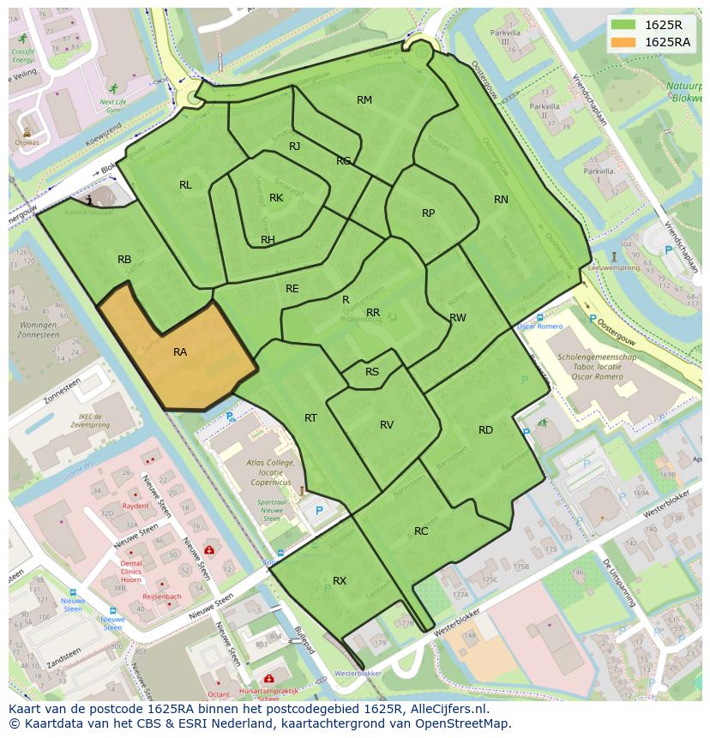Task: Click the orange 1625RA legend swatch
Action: [x=624, y=42]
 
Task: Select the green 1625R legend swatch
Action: [x=624, y=25]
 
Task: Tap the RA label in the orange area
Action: [x=180, y=351]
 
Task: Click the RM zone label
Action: [x=364, y=100]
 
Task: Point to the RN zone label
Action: [x=501, y=200]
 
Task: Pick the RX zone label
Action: [x=340, y=581]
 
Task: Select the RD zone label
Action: [x=485, y=430]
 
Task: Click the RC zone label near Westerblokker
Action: [x=421, y=531]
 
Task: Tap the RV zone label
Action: [x=387, y=425]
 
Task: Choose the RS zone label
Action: [x=372, y=372]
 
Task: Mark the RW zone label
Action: [x=458, y=318]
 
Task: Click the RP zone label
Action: [x=428, y=213]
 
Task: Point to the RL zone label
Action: [x=185, y=185]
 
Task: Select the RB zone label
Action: [x=124, y=260]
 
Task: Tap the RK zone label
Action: [x=276, y=198]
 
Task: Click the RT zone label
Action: [x=310, y=418]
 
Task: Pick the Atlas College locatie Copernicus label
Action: [x=270, y=471]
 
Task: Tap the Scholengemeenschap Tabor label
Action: [x=597, y=363]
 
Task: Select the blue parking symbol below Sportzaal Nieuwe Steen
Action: [x=319, y=511]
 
